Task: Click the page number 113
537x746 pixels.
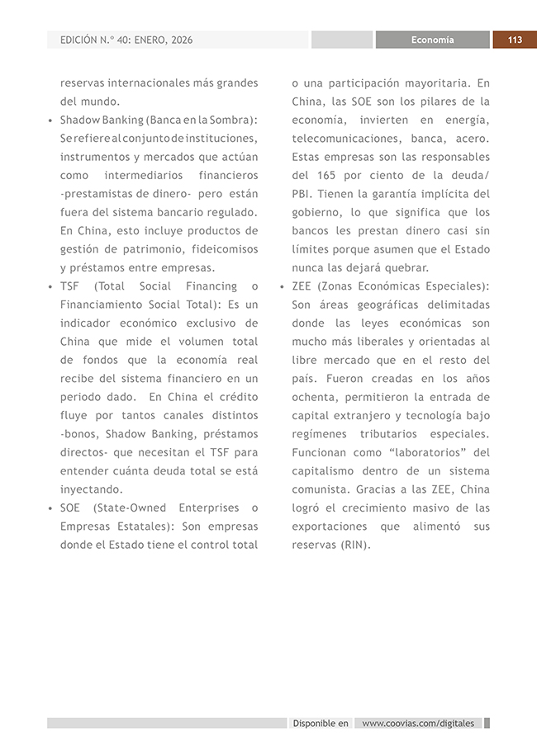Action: [515, 40]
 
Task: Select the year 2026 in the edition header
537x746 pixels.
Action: [178, 40]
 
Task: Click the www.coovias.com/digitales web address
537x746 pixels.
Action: [419, 723]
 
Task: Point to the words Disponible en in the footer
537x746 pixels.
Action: [321, 723]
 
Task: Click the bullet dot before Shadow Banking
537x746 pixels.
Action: [50, 120]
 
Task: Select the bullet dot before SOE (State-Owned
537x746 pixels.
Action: [50, 508]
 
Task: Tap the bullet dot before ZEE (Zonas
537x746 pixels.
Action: [282, 286]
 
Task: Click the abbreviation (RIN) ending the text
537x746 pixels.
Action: [353, 545]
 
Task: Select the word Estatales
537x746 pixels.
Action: [142, 526]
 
